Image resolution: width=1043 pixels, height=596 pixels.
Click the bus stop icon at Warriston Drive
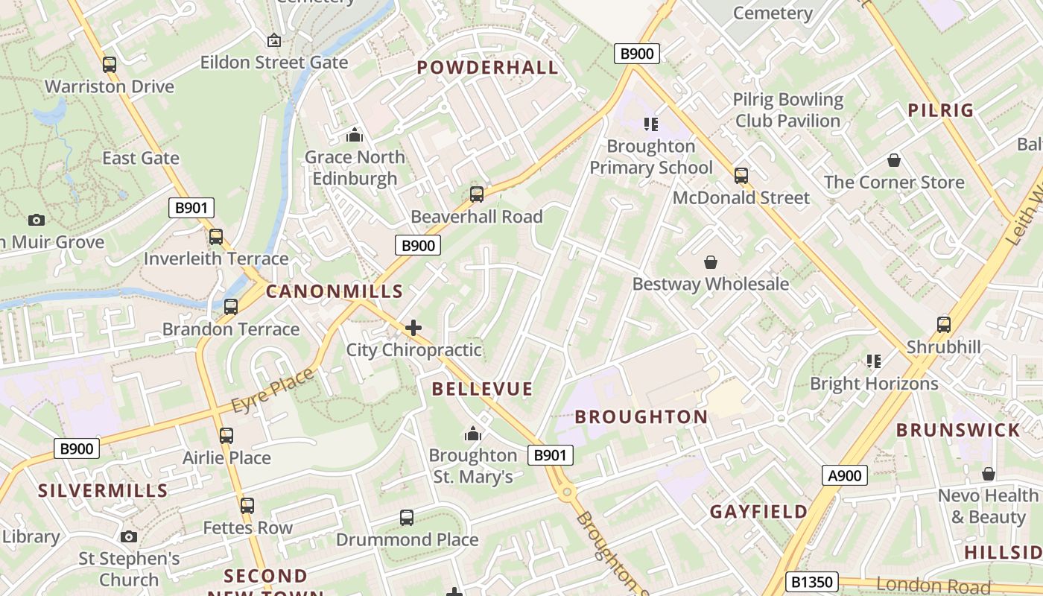pyautogui.click(x=110, y=65)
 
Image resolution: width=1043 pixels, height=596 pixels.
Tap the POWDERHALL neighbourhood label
pyautogui.click(x=487, y=68)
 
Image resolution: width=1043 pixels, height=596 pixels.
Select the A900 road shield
pyautogui.click(x=845, y=476)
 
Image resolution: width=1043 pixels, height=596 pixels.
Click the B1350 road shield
pyautogui.click(x=812, y=582)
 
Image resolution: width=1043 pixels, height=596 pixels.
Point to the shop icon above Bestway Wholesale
pyautogui.click(x=711, y=262)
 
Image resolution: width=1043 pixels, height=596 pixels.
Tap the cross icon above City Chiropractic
pyautogui.click(x=413, y=328)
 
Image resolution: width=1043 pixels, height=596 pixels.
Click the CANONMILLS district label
pyautogui.click(x=335, y=292)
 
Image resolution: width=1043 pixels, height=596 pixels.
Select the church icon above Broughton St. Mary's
pyautogui.click(x=472, y=434)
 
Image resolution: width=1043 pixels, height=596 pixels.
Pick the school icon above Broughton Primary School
pyautogui.click(x=651, y=124)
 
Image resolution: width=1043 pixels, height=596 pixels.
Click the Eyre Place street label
pyautogui.click(x=273, y=390)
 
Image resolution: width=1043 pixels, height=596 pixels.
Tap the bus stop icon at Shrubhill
pyautogui.click(x=944, y=325)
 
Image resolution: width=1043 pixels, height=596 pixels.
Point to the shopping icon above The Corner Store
pyautogui.click(x=894, y=160)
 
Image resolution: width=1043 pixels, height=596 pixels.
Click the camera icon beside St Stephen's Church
pyautogui.click(x=129, y=536)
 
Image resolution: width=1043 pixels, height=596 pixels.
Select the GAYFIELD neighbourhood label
pyautogui.click(x=758, y=512)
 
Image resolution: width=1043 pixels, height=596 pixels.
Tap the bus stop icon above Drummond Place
pyautogui.click(x=407, y=517)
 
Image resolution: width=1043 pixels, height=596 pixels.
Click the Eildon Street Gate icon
pyautogui.click(x=273, y=40)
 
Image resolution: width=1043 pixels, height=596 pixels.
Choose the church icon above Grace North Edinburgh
pyautogui.click(x=354, y=136)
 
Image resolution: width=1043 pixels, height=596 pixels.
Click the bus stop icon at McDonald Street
pyautogui.click(x=741, y=176)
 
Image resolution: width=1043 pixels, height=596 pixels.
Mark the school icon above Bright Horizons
pyautogui.click(x=874, y=362)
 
